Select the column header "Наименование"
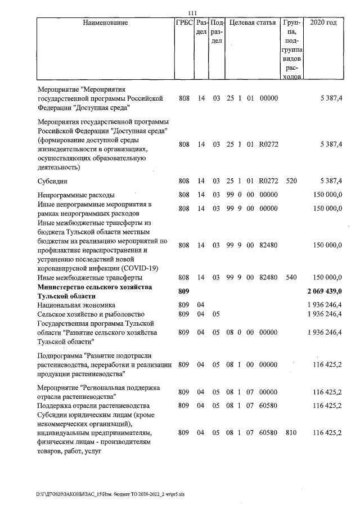(105, 24)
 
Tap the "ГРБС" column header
(184, 24)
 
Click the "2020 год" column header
(327, 24)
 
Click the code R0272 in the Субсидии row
(268, 181)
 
